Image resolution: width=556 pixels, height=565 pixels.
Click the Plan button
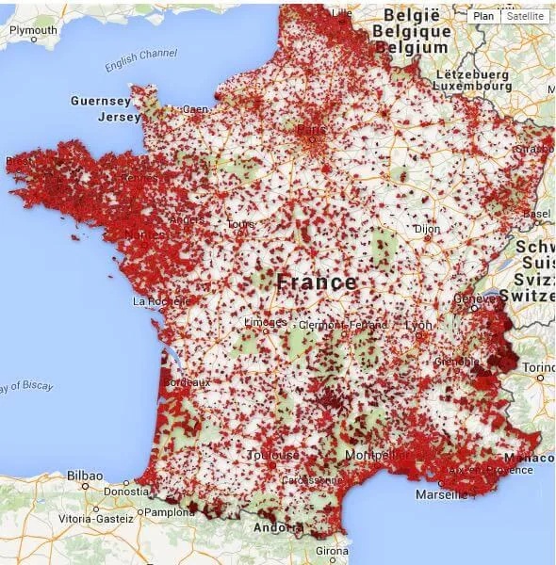pyautogui.click(x=483, y=16)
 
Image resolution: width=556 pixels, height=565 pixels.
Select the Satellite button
pyautogui.click(x=524, y=16)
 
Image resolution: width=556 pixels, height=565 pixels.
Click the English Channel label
pyautogui.click(x=141, y=59)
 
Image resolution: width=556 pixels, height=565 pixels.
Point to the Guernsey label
pyautogui.click(x=100, y=101)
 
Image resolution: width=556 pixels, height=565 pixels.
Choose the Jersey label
pyautogui.click(x=119, y=117)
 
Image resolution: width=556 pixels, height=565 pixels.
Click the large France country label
pyautogui.click(x=317, y=282)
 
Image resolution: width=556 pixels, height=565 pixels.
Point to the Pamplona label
pyautogui.click(x=170, y=512)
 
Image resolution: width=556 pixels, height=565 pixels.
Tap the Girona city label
pyautogui.click(x=331, y=550)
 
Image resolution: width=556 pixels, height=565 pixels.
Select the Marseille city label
pyautogui.click(x=441, y=493)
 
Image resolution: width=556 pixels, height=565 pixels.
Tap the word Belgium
pyautogui.click(x=414, y=47)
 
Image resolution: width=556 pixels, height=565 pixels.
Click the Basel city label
pyautogui.click(x=537, y=214)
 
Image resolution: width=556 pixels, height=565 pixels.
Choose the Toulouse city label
pyautogui.click(x=273, y=455)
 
